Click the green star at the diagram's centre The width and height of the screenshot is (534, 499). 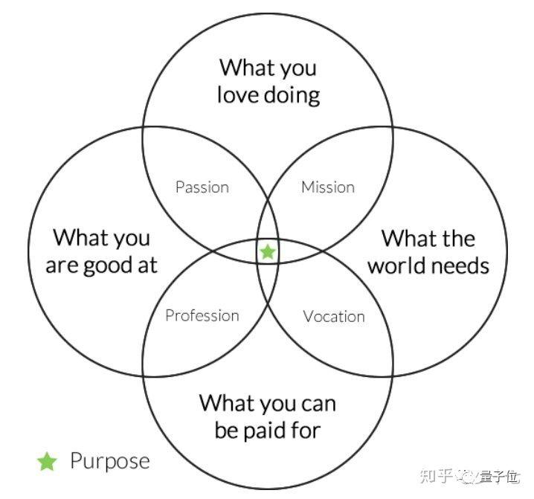point(268,252)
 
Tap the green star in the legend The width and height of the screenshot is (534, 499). point(47,462)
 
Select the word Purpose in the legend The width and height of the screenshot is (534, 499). point(110,461)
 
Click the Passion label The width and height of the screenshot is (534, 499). point(202,187)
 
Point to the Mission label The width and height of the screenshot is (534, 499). point(328,187)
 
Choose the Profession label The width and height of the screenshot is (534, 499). point(202,315)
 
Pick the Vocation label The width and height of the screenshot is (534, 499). point(334,316)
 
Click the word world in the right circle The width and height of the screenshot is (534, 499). point(394,265)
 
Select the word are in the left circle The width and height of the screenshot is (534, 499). point(62,266)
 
